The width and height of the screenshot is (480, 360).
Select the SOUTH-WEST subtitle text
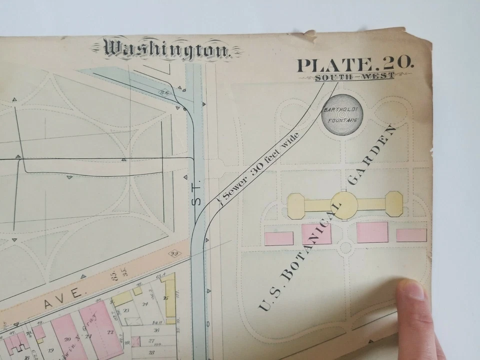pyautogui.click(x=354, y=76)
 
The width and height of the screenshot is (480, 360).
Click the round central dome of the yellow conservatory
pyautogui.click(x=344, y=203)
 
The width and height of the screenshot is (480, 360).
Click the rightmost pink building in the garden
pyautogui.click(x=411, y=235)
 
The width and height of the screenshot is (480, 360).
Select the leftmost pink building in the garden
pyautogui.click(x=278, y=238)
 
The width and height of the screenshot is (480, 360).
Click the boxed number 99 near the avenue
pyautogui.click(x=174, y=253)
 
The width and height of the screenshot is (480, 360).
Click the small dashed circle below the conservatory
pyautogui.click(x=345, y=247)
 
